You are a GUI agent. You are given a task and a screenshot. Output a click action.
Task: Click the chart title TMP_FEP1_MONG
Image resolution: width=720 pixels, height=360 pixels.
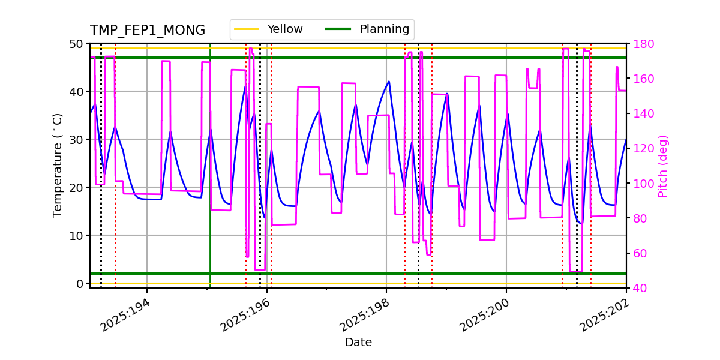point(148,31)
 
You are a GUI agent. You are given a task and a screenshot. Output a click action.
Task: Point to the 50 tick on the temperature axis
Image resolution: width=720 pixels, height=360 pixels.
point(76,44)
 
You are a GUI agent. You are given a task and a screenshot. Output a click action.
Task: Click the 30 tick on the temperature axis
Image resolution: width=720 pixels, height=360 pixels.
point(76,140)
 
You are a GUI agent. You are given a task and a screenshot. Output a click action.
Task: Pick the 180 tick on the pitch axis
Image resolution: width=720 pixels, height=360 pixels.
point(641,44)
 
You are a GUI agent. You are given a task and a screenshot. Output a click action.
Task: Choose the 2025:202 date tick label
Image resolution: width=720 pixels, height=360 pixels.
point(603,315)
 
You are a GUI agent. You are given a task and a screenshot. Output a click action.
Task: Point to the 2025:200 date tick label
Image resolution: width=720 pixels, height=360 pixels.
point(483,315)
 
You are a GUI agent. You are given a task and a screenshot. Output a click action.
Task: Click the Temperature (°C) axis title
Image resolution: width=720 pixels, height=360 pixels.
point(58,166)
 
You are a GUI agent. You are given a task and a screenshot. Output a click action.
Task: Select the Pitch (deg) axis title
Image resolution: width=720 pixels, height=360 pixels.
point(663,166)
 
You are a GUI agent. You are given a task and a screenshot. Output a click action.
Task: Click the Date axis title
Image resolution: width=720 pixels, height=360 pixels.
point(358,343)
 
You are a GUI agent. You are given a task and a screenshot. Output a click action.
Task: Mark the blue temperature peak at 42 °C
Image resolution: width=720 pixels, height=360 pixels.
point(389,82)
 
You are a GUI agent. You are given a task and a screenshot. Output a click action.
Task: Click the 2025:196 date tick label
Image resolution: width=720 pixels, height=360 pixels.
point(244,315)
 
